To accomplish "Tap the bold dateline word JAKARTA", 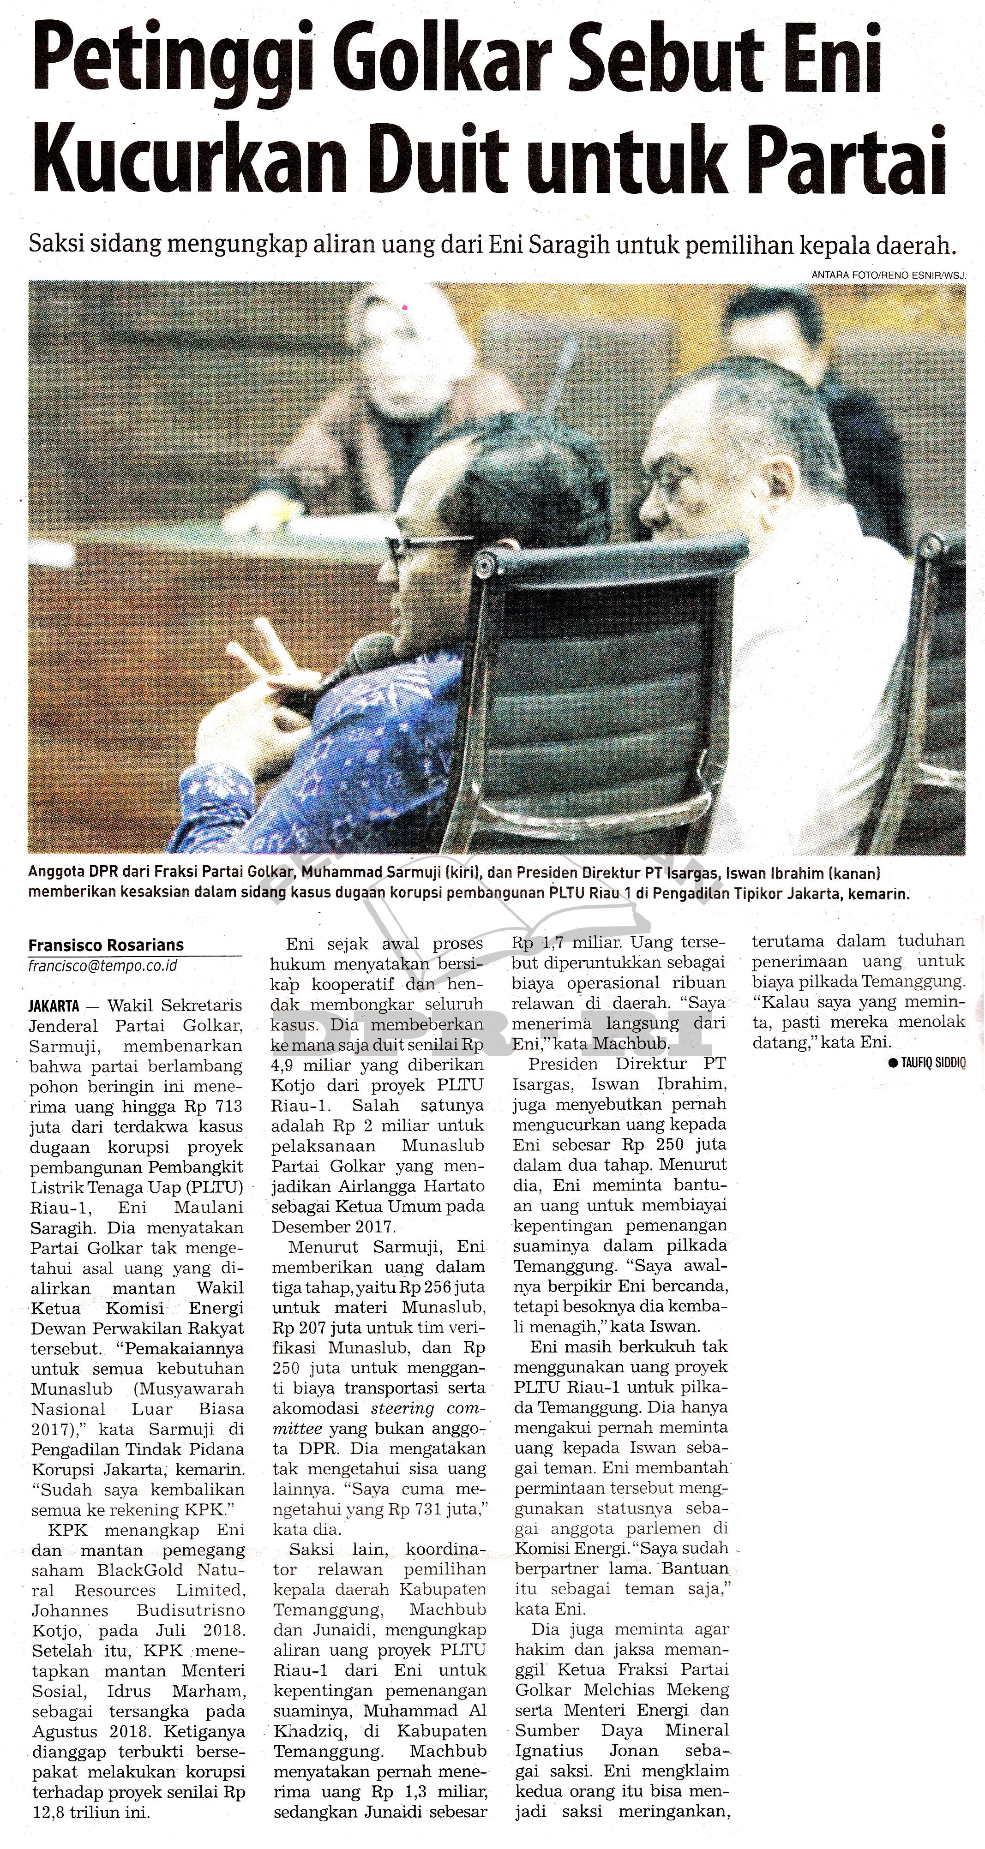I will coord(54,1006).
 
